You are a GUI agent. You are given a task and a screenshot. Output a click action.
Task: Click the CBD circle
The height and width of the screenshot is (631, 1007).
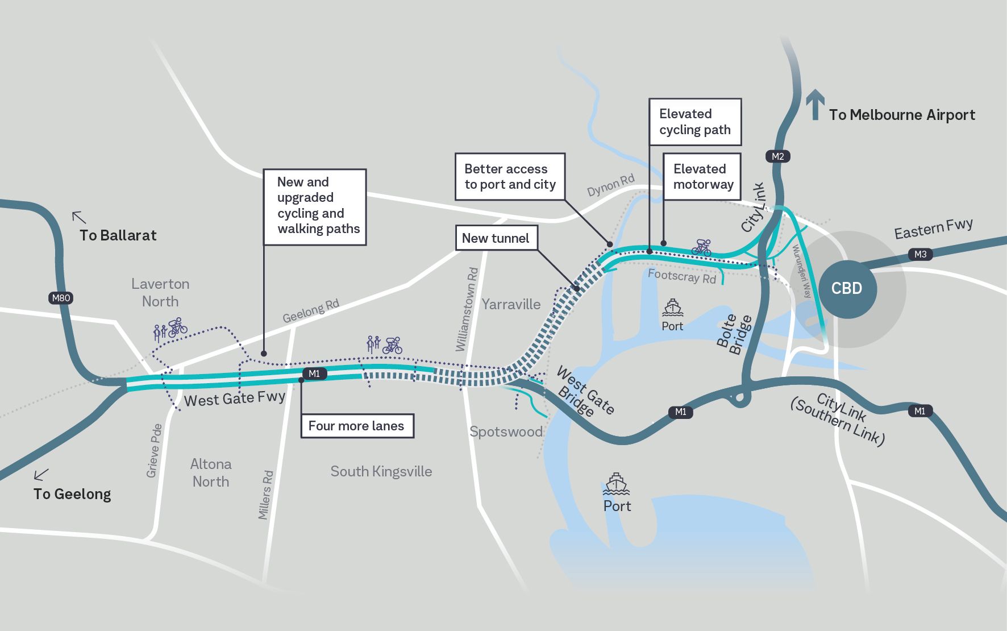[847, 289]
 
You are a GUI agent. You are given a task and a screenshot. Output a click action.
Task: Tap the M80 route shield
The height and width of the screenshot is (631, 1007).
[61, 298]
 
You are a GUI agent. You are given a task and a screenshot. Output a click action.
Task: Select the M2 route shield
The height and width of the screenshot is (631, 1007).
[777, 156]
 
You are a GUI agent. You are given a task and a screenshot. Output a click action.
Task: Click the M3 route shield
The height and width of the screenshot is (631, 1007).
[920, 254]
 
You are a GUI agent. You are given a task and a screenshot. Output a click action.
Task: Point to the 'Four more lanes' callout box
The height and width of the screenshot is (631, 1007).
[356, 426]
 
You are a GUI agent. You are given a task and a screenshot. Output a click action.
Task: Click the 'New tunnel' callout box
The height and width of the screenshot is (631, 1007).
[496, 238]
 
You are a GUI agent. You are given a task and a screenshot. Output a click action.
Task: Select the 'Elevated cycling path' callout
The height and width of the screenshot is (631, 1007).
[694, 122]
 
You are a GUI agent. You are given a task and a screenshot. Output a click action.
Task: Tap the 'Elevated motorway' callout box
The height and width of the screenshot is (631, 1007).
[702, 176]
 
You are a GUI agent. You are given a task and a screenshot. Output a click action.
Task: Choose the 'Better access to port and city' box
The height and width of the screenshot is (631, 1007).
[510, 176]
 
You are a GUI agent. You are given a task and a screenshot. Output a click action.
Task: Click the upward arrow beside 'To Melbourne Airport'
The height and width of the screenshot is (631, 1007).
[815, 105]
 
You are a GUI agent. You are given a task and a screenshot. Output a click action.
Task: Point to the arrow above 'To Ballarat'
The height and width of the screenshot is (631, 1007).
[79, 217]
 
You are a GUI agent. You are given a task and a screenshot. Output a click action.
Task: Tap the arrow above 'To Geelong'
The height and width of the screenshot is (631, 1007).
[41, 474]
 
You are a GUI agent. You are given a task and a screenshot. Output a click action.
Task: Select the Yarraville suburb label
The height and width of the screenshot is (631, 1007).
[511, 304]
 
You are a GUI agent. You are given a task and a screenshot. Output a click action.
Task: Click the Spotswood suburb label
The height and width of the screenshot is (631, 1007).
[506, 431]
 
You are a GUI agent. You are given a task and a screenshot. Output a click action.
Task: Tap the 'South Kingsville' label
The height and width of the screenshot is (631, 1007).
[381, 471]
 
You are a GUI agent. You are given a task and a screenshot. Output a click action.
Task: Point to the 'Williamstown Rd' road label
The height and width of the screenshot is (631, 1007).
[467, 309]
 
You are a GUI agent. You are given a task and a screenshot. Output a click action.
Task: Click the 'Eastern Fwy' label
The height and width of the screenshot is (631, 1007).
[933, 229]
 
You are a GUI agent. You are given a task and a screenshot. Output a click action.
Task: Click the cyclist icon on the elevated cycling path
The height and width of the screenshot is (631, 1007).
[701, 247]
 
